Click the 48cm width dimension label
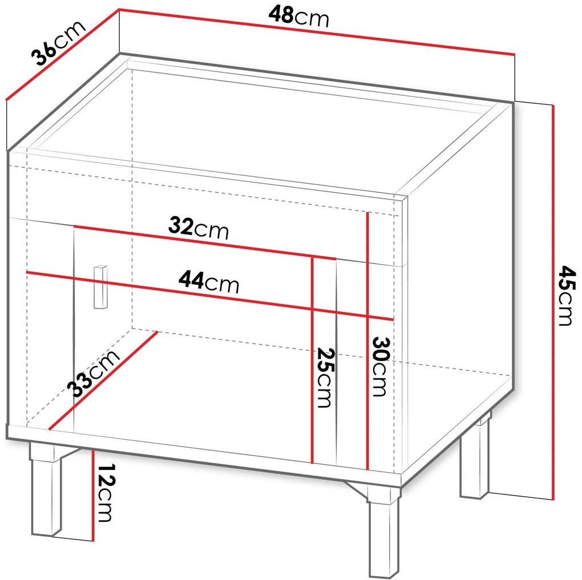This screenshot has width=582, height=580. click(298, 17)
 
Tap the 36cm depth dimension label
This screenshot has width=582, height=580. click(58, 42)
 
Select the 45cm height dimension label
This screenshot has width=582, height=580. click(567, 295)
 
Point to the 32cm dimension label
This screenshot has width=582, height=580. click(198, 228)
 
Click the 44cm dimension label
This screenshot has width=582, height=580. click(209, 282)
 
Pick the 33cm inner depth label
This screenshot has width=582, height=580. click(94, 373)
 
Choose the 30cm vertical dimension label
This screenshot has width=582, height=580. click(380, 366)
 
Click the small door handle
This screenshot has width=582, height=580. click(100, 286)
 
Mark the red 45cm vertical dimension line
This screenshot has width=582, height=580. click(553, 302)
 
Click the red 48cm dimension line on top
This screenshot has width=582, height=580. click(317, 32)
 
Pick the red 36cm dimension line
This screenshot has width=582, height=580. click(62, 55)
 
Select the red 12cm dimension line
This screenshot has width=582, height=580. click(93, 496)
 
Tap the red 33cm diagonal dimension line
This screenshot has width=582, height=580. click(103, 380)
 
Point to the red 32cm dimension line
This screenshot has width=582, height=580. click(204, 242)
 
